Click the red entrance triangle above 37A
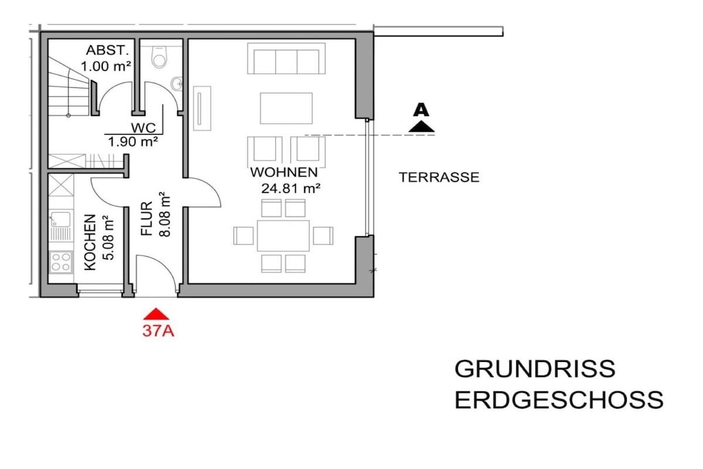(x=156, y=313)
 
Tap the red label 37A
(x=159, y=331)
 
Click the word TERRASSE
(x=439, y=177)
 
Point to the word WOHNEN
(x=284, y=172)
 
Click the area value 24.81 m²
(x=290, y=188)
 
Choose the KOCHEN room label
(x=90, y=242)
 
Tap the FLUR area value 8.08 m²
(x=165, y=214)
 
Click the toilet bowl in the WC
(x=159, y=57)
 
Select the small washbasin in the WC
(x=177, y=83)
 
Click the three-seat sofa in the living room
(x=286, y=59)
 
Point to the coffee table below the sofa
(x=286, y=108)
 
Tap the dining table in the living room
(x=284, y=236)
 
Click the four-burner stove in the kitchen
(x=61, y=262)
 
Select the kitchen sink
(x=60, y=220)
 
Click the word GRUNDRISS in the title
(x=535, y=369)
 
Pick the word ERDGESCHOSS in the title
(x=559, y=400)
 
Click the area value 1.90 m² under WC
(x=132, y=142)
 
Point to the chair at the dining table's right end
(x=323, y=236)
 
